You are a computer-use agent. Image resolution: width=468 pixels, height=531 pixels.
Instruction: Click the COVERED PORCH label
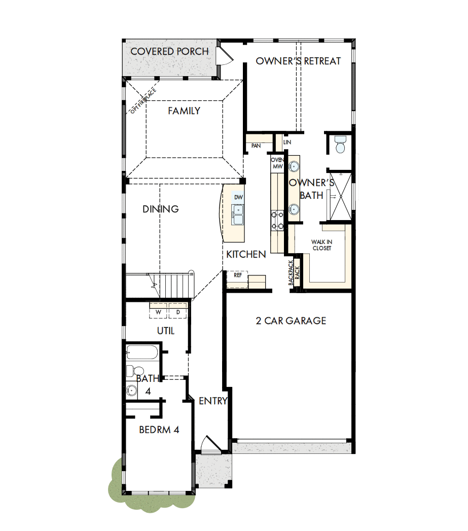169,52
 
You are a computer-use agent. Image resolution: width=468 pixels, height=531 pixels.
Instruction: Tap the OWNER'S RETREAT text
298,61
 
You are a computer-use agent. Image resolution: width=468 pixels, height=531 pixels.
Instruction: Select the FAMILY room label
184,111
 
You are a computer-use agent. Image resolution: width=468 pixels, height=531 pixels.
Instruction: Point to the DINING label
160,209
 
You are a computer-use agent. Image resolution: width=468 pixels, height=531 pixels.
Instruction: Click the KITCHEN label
246,255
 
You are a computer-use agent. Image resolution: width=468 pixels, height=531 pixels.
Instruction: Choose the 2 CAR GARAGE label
291,321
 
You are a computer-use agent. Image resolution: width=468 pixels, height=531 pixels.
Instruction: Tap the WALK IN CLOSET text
321,245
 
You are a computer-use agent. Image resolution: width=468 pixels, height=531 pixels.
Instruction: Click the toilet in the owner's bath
340,145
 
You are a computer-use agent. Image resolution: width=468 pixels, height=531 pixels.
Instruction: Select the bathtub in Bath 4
142,352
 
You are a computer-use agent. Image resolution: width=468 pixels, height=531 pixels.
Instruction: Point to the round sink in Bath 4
132,391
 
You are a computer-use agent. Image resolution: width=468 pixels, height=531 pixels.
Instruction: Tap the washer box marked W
159,312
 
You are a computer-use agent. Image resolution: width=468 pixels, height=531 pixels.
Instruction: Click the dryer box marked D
178,312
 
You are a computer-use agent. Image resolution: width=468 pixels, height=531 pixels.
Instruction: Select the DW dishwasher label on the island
238,197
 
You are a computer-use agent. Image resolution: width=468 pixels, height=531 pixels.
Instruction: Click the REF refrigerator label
237,275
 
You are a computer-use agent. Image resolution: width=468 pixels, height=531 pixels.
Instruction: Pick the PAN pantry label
256,146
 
